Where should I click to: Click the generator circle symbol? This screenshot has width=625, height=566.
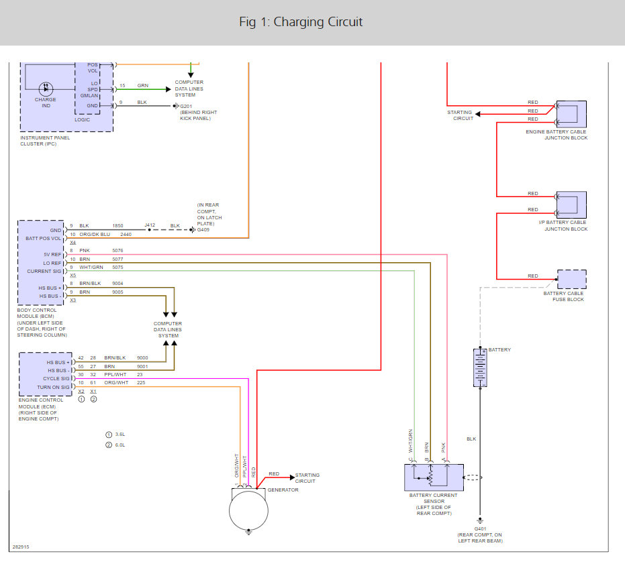[248, 510]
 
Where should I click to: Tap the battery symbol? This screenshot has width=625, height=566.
[480, 367]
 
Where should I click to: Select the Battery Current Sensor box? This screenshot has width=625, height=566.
[434, 477]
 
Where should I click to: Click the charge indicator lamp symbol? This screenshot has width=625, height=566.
[46, 89]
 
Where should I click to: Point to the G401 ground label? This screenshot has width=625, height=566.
[480, 528]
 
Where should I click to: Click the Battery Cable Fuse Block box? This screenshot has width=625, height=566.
[571, 279]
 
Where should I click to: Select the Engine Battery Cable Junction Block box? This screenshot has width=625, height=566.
[571, 114]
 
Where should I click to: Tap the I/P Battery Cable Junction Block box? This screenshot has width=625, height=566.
[571, 205]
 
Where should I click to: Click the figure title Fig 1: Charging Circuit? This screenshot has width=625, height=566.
[301, 22]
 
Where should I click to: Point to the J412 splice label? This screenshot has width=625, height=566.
[150, 225]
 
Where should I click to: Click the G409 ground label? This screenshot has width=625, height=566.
[203, 230]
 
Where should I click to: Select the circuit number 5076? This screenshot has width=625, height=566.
[117, 251]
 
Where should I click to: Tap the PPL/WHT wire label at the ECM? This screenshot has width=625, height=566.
[115, 374]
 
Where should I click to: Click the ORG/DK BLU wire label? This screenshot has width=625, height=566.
[95, 234]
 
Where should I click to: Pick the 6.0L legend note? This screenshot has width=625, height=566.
[120, 445]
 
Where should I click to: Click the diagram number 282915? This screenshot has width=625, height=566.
[21, 547]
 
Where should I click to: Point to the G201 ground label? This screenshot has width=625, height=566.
[186, 107]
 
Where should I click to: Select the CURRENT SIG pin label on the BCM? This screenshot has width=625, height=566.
[44, 271]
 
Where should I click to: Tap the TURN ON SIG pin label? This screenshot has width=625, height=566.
[54, 387]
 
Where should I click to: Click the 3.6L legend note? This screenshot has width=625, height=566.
[120, 434]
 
